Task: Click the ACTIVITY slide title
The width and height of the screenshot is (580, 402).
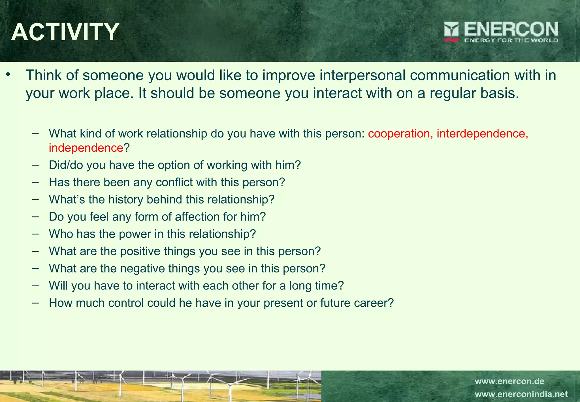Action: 65,32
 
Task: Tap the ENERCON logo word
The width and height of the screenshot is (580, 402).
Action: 511,29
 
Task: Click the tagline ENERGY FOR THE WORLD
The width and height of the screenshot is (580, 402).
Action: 511,40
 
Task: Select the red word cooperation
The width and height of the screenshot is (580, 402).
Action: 399,134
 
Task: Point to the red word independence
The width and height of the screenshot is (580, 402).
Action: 86,148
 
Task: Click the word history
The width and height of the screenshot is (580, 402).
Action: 126,200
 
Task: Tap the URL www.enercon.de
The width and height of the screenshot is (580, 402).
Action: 509,381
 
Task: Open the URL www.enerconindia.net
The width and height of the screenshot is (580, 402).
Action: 521,394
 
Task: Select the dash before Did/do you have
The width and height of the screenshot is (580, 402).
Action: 35,165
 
